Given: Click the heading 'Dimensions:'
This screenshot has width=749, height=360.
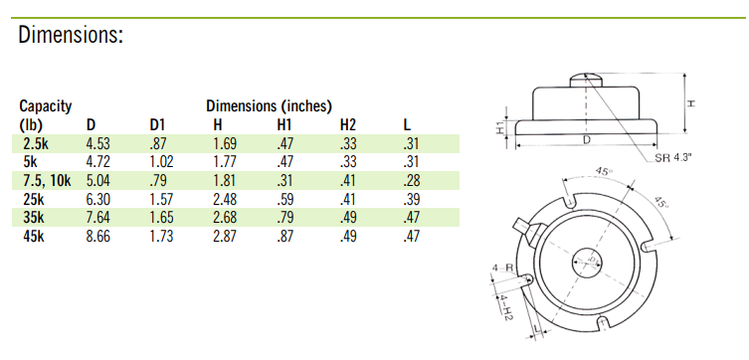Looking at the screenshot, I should coord(71,36).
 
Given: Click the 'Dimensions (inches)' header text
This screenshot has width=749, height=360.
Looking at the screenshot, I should coord(269,106).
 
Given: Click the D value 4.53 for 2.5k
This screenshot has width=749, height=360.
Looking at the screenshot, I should coord(97,143).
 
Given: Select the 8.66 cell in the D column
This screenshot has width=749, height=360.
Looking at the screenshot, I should coord(97,236).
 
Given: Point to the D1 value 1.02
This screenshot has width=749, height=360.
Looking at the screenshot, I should coord(160,161).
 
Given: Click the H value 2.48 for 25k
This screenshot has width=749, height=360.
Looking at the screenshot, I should coord(224,199).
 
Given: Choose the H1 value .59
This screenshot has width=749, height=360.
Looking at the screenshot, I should coord(285,199).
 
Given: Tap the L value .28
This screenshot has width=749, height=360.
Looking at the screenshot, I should coord(411,180).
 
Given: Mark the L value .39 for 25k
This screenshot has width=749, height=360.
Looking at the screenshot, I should coord(411,199).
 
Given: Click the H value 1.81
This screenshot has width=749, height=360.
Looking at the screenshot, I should coord(224,180).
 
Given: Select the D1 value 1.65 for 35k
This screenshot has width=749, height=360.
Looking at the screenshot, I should coord(160,217).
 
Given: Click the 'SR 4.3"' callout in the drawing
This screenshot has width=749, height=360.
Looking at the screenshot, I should coord(674,157).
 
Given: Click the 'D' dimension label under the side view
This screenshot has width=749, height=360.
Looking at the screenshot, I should coord(585,142).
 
